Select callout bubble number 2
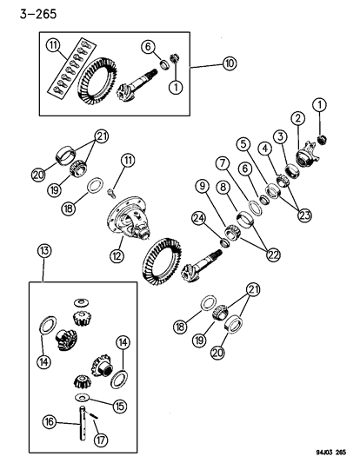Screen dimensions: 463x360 (x=297, y=118)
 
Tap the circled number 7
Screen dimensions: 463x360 (x=223, y=162)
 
